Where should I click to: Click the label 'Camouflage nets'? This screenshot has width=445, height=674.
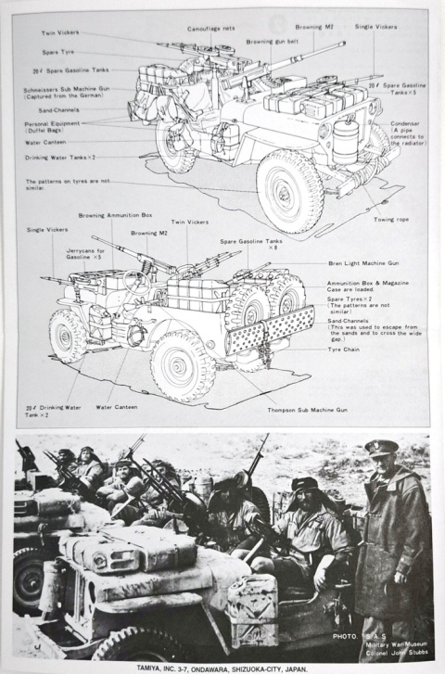210,29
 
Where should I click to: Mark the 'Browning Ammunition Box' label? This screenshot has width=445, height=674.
116,215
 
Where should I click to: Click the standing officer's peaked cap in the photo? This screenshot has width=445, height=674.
383,448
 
